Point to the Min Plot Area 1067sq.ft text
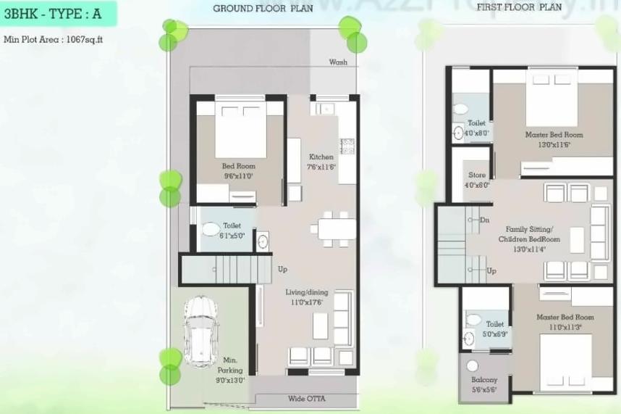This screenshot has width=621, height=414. tap(54, 39)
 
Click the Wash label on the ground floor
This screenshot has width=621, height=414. tap(338, 62)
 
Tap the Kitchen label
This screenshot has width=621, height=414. tap(321, 157)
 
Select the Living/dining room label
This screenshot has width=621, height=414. tap(306, 292)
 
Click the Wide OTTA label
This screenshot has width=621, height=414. tap(306, 398)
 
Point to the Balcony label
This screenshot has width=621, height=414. tap(484, 380)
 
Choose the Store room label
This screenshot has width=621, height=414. tap(477, 175)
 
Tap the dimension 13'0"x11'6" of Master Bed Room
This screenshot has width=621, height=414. tap(554, 145)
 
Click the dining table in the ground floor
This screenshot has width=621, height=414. tap(333, 228)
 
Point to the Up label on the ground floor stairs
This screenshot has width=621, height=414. tap(283, 269)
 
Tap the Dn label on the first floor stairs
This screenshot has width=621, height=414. tap(484, 220)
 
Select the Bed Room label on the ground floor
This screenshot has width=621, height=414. tap(238, 166)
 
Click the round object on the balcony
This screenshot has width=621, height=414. tap(473, 366)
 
